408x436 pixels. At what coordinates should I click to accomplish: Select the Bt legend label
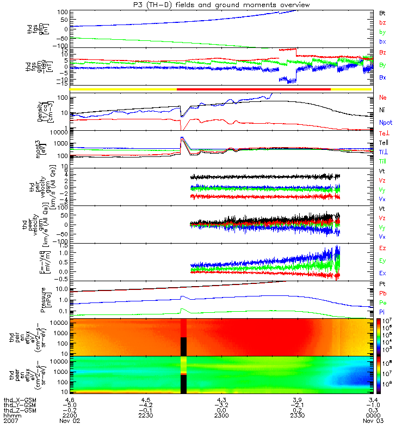(382, 13)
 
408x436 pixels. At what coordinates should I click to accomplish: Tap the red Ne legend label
(382, 98)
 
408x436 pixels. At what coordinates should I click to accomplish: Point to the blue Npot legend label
(385, 123)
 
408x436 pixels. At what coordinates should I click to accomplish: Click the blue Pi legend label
(382, 311)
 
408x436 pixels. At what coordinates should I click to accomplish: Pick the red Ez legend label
(382, 248)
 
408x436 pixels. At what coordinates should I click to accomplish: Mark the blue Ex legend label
(382, 272)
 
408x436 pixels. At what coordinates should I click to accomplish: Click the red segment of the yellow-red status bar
(254, 89)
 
